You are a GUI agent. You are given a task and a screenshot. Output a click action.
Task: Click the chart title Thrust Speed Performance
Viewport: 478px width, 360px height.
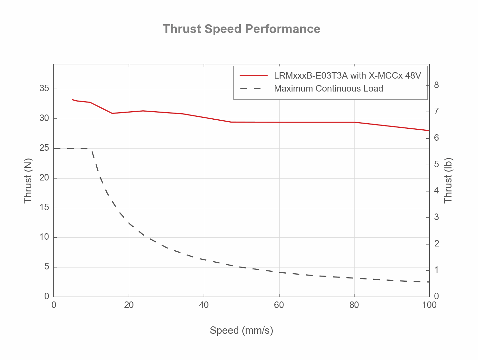pos(241,29)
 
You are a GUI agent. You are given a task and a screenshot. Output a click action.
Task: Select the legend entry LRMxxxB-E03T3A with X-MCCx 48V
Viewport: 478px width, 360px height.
pos(347,76)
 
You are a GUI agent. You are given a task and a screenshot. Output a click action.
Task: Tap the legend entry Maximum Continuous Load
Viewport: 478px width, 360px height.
pos(328,89)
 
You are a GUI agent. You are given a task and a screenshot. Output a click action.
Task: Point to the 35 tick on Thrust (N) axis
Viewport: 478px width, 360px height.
pos(44,89)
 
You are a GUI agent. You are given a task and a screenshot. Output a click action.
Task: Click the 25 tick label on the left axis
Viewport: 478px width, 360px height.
pos(44,148)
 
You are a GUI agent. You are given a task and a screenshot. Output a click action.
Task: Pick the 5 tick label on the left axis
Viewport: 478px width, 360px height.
pos(47,267)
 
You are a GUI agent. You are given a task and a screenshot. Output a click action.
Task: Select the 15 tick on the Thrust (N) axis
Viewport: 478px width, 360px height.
pos(44,207)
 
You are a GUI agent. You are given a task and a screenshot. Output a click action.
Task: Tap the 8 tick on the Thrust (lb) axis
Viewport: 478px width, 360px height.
pos(436,85)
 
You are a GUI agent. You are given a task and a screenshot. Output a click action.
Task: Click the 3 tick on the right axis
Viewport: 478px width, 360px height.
pos(436,217)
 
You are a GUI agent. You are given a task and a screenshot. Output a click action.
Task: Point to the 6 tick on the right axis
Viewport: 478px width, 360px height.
pos(436,138)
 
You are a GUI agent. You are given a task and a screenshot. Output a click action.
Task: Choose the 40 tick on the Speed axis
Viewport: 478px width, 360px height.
pos(204,305)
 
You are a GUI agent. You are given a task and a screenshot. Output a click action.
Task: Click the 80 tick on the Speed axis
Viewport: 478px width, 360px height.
pos(354,305)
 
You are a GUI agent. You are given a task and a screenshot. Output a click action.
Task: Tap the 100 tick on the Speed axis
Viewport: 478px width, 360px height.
pos(429,305)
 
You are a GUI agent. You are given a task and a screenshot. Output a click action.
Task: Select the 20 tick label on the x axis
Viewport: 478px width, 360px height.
pos(129,305)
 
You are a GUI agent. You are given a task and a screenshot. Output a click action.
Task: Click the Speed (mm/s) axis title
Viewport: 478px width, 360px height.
pos(241,330)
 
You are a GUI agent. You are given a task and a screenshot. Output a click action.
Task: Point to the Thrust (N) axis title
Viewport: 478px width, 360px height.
pos(28,181)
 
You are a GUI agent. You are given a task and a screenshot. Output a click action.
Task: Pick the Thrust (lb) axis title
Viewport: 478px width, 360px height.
pos(448,181)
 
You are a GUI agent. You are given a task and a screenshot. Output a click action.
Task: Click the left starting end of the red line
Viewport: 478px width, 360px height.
pos(72,100)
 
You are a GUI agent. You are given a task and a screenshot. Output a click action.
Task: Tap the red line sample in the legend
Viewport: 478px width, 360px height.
pos(254,76)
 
